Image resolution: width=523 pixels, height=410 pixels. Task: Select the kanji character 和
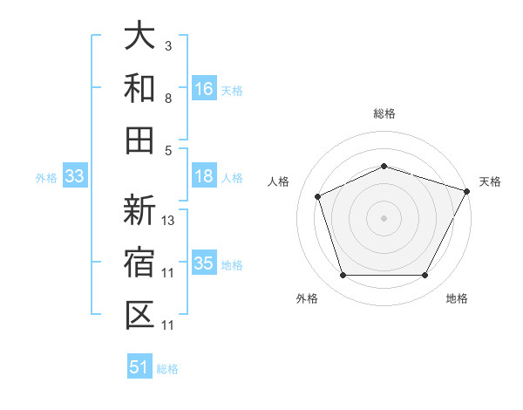140,88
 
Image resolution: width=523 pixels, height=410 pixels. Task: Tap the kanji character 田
140,140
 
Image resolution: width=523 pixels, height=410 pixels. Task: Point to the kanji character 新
140,210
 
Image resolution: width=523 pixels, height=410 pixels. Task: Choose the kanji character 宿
140,263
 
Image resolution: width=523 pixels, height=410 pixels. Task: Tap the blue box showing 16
204,88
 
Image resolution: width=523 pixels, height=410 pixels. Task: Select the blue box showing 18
204,176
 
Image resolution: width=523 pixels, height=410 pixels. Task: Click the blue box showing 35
204,263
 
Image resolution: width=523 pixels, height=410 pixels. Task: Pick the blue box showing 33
74,177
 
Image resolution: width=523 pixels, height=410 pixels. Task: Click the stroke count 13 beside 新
168,220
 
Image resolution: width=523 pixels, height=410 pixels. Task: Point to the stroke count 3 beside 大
168,45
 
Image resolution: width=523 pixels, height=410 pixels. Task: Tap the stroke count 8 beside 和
168,98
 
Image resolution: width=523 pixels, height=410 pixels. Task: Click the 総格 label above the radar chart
384,113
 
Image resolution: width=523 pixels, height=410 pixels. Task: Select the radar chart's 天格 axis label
490,181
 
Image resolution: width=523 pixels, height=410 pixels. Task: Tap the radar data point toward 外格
343,276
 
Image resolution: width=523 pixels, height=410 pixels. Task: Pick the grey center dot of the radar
384,218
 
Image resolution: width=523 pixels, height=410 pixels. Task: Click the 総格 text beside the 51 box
167,368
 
